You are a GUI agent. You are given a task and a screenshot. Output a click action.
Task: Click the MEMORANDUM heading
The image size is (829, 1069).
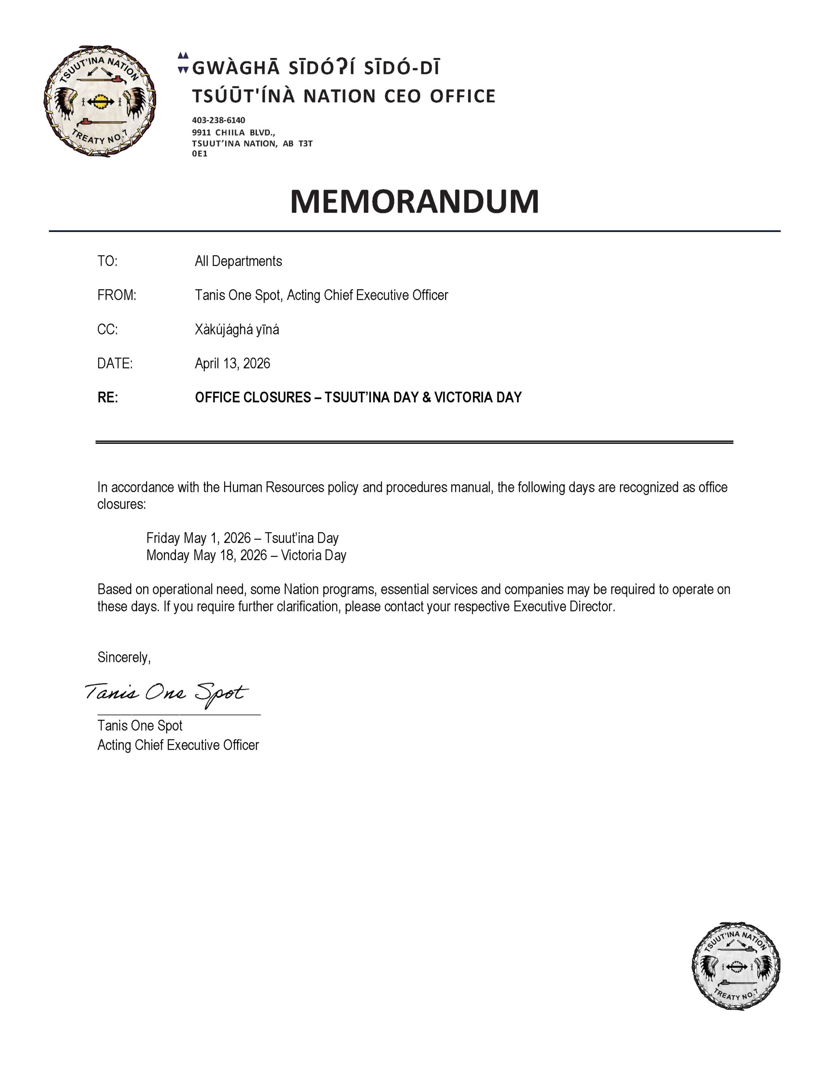coord(414,201)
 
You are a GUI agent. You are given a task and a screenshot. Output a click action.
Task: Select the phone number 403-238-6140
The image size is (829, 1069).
coord(218,120)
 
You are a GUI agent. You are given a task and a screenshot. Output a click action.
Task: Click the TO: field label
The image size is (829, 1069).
coord(107,261)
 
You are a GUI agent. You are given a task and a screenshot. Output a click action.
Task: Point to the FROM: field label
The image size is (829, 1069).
coord(117,295)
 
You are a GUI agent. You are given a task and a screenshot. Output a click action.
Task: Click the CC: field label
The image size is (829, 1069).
coord(107,329)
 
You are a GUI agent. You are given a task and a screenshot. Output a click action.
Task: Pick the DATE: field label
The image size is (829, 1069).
coord(114,363)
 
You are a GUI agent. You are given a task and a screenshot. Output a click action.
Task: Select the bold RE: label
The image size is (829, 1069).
coord(108,398)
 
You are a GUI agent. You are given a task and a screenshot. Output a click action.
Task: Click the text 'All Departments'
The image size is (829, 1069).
coord(238,261)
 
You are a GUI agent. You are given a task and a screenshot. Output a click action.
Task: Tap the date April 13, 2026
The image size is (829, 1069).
coord(232,363)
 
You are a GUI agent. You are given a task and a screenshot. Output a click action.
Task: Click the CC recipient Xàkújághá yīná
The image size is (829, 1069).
coord(236,329)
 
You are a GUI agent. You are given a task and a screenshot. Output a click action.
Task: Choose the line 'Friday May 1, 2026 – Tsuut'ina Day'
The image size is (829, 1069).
coord(242,538)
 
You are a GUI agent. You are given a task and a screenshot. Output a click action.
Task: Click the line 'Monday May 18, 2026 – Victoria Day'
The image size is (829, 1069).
coord(246,555)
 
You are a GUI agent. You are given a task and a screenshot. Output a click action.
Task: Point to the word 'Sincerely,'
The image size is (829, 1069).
coord(124,657)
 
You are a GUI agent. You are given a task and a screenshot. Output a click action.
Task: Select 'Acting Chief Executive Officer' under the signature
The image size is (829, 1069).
coord(178,745)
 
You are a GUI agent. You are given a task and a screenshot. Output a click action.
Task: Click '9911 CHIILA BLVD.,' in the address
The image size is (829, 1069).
coord(233,132)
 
